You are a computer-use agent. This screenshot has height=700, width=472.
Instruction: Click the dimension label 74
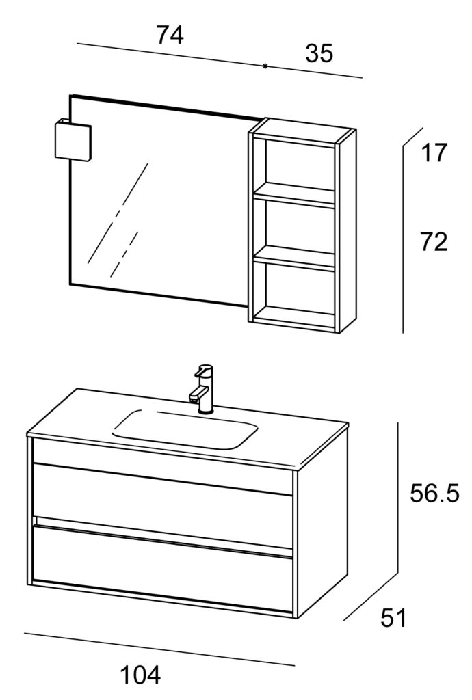(170, 36)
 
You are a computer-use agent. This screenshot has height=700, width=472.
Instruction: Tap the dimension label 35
(319, 53)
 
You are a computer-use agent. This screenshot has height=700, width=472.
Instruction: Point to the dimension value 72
(434, 243)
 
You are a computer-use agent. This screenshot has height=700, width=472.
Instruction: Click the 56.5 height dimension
(434, 494)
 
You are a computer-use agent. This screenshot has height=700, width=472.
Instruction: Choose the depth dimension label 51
(393, 618)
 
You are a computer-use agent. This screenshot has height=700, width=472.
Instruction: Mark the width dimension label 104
(140, 675)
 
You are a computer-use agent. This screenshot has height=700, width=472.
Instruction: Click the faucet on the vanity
(202, 389)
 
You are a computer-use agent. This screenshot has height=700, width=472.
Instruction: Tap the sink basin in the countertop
(185, 429)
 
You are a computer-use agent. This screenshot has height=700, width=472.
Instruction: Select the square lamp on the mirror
(73, 139)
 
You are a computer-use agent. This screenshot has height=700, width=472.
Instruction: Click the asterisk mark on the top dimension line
(265, 66)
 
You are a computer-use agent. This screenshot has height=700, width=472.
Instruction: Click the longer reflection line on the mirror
(118, 213)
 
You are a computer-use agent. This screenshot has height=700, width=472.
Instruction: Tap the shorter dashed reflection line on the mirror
(124, 254)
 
